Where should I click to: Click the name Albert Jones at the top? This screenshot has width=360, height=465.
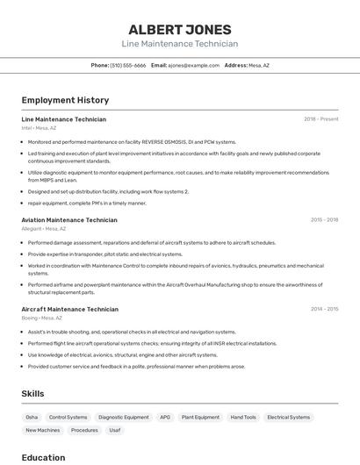(180, 29)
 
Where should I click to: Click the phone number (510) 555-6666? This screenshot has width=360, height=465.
(128, 65)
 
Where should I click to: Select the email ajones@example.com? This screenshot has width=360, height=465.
(193, 65)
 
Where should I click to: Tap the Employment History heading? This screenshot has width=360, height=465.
(65, 100)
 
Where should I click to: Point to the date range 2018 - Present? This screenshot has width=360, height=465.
(321, 119)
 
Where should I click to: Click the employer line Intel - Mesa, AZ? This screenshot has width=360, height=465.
(39, 128)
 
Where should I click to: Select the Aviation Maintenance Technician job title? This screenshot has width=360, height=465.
(69, 220)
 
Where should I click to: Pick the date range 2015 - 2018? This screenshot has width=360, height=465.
(324, 220)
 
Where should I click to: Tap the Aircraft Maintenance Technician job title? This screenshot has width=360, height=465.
(69, 310)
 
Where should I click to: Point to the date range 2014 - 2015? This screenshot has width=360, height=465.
(324, 310)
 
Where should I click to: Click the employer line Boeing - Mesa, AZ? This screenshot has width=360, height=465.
(41, 318)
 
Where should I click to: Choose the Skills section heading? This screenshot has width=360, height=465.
(32, 394)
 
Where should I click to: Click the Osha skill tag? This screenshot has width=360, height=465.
(32, 418)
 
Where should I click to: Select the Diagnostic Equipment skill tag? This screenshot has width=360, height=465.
(124, 418)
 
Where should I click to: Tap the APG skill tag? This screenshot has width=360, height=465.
(165, 418)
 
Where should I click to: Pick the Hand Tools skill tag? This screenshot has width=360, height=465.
(243, 418)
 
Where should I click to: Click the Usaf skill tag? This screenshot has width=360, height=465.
(114, 431)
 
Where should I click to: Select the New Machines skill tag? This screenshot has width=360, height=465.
(43, 431)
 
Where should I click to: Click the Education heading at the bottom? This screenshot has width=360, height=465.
(43, 457)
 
